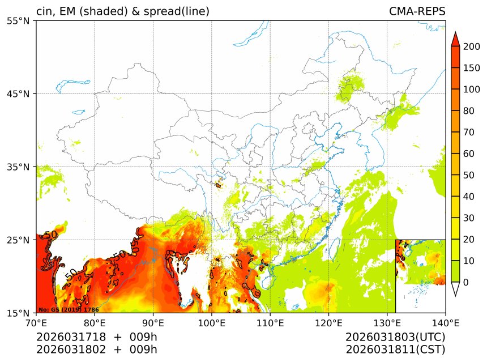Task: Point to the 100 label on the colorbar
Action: point(472,90)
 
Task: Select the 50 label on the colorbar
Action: point(469,175)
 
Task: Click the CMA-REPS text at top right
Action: point(417,11)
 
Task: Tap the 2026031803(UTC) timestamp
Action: point(395,337)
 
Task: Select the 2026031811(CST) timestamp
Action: point(395,350)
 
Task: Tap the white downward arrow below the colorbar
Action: point(455,289)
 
